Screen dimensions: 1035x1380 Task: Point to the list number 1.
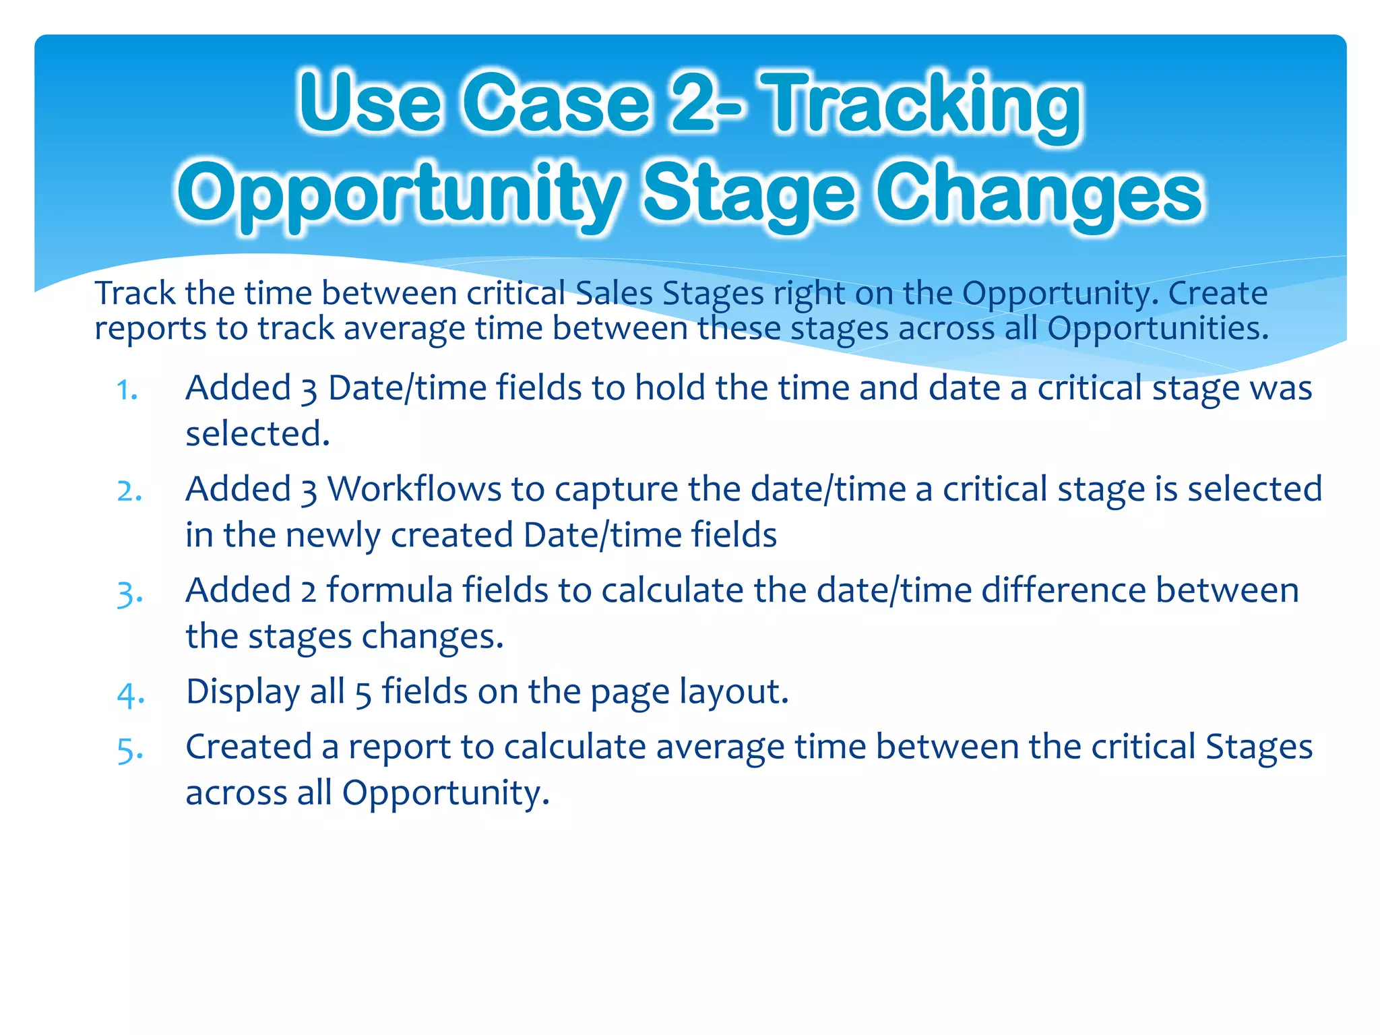[127, 389]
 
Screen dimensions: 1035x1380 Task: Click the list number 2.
[129, 491]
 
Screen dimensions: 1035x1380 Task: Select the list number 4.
[130, 694]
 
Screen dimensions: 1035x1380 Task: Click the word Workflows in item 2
[414, 489]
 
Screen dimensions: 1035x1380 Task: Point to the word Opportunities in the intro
[1158, 329]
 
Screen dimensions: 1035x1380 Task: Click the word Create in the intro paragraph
[1218, 293]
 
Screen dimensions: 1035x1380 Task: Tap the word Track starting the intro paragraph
[134, 293]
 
